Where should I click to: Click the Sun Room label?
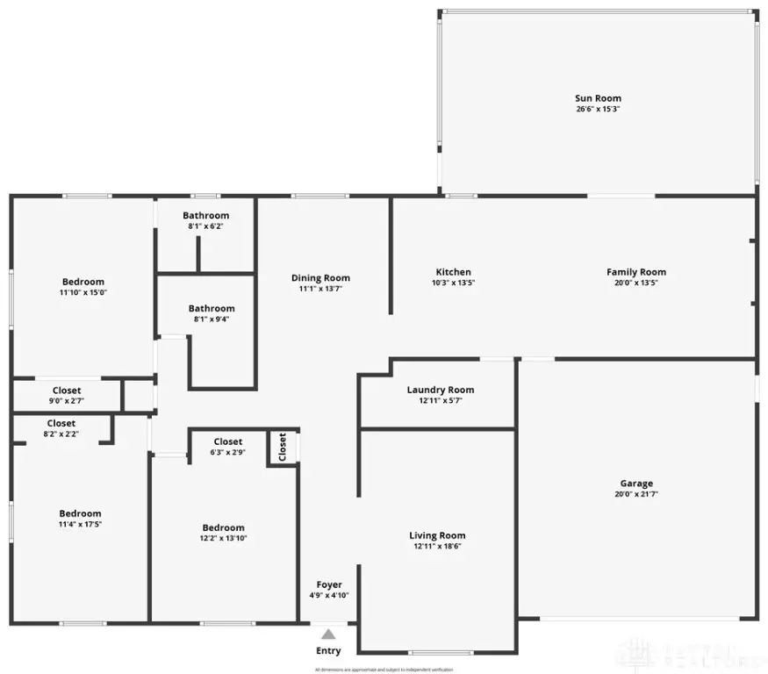(598, 98)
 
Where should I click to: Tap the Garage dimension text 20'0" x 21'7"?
(636, 494)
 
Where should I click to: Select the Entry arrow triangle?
(327, 634)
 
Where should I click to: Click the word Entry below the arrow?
(328, 651)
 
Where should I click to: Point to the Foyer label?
(329, 584)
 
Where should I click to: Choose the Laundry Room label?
(441, 390)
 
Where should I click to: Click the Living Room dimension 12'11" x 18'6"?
(437, 546)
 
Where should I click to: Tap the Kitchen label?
(454, 272)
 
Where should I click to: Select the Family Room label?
(636, 272)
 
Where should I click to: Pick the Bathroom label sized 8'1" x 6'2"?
(206, 216)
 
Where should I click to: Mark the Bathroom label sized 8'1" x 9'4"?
(212, 309)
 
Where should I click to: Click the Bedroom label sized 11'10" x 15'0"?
(83, 282)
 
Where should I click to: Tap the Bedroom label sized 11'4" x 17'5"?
(80, 513)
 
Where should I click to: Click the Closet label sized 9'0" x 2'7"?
(67, 391)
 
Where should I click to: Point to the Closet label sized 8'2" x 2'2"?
(61, 423)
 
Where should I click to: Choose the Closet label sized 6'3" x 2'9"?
(228, 441)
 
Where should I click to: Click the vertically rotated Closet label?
(283, 448)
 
